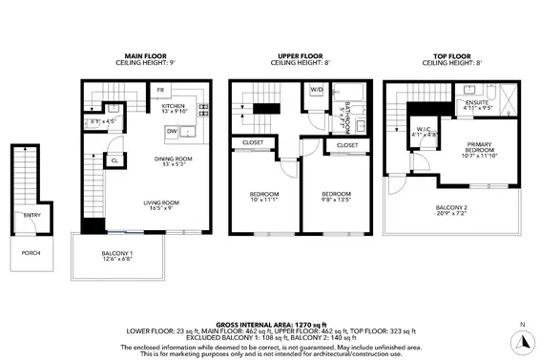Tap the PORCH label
point(31,253)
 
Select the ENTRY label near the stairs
point(31,215)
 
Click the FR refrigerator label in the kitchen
point(160,91)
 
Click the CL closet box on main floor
point(114,161)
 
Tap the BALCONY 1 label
point(118,253)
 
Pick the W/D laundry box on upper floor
point(316,92)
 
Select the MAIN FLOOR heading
point(145,56)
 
